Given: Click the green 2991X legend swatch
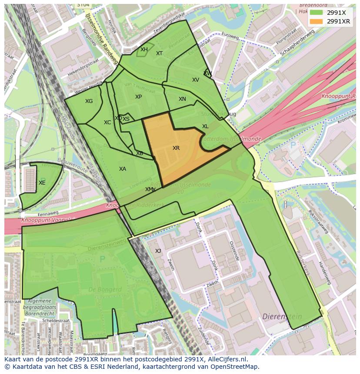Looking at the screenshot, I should coord(317,13).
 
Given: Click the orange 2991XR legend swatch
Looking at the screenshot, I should coord(317,21).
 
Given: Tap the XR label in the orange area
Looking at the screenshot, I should coord(176,148).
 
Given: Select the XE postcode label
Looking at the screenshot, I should coord(42,183).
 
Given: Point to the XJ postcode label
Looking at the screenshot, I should coord(158,251).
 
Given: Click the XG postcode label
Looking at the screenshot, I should coord(89,101).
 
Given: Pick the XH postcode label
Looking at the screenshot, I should coord(144,50).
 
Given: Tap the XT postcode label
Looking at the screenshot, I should coord(159,53).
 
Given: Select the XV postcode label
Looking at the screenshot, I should coord(196,80).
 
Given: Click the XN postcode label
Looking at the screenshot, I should coord(182,99).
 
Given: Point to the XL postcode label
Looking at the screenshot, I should coord(205,126).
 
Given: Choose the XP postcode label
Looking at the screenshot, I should coord(138,97).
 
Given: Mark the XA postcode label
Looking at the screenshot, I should coord(123,169).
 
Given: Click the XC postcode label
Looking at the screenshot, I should coord(107,122).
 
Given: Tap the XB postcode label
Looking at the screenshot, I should coord(140,153).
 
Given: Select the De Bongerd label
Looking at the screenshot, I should coord(105,289).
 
